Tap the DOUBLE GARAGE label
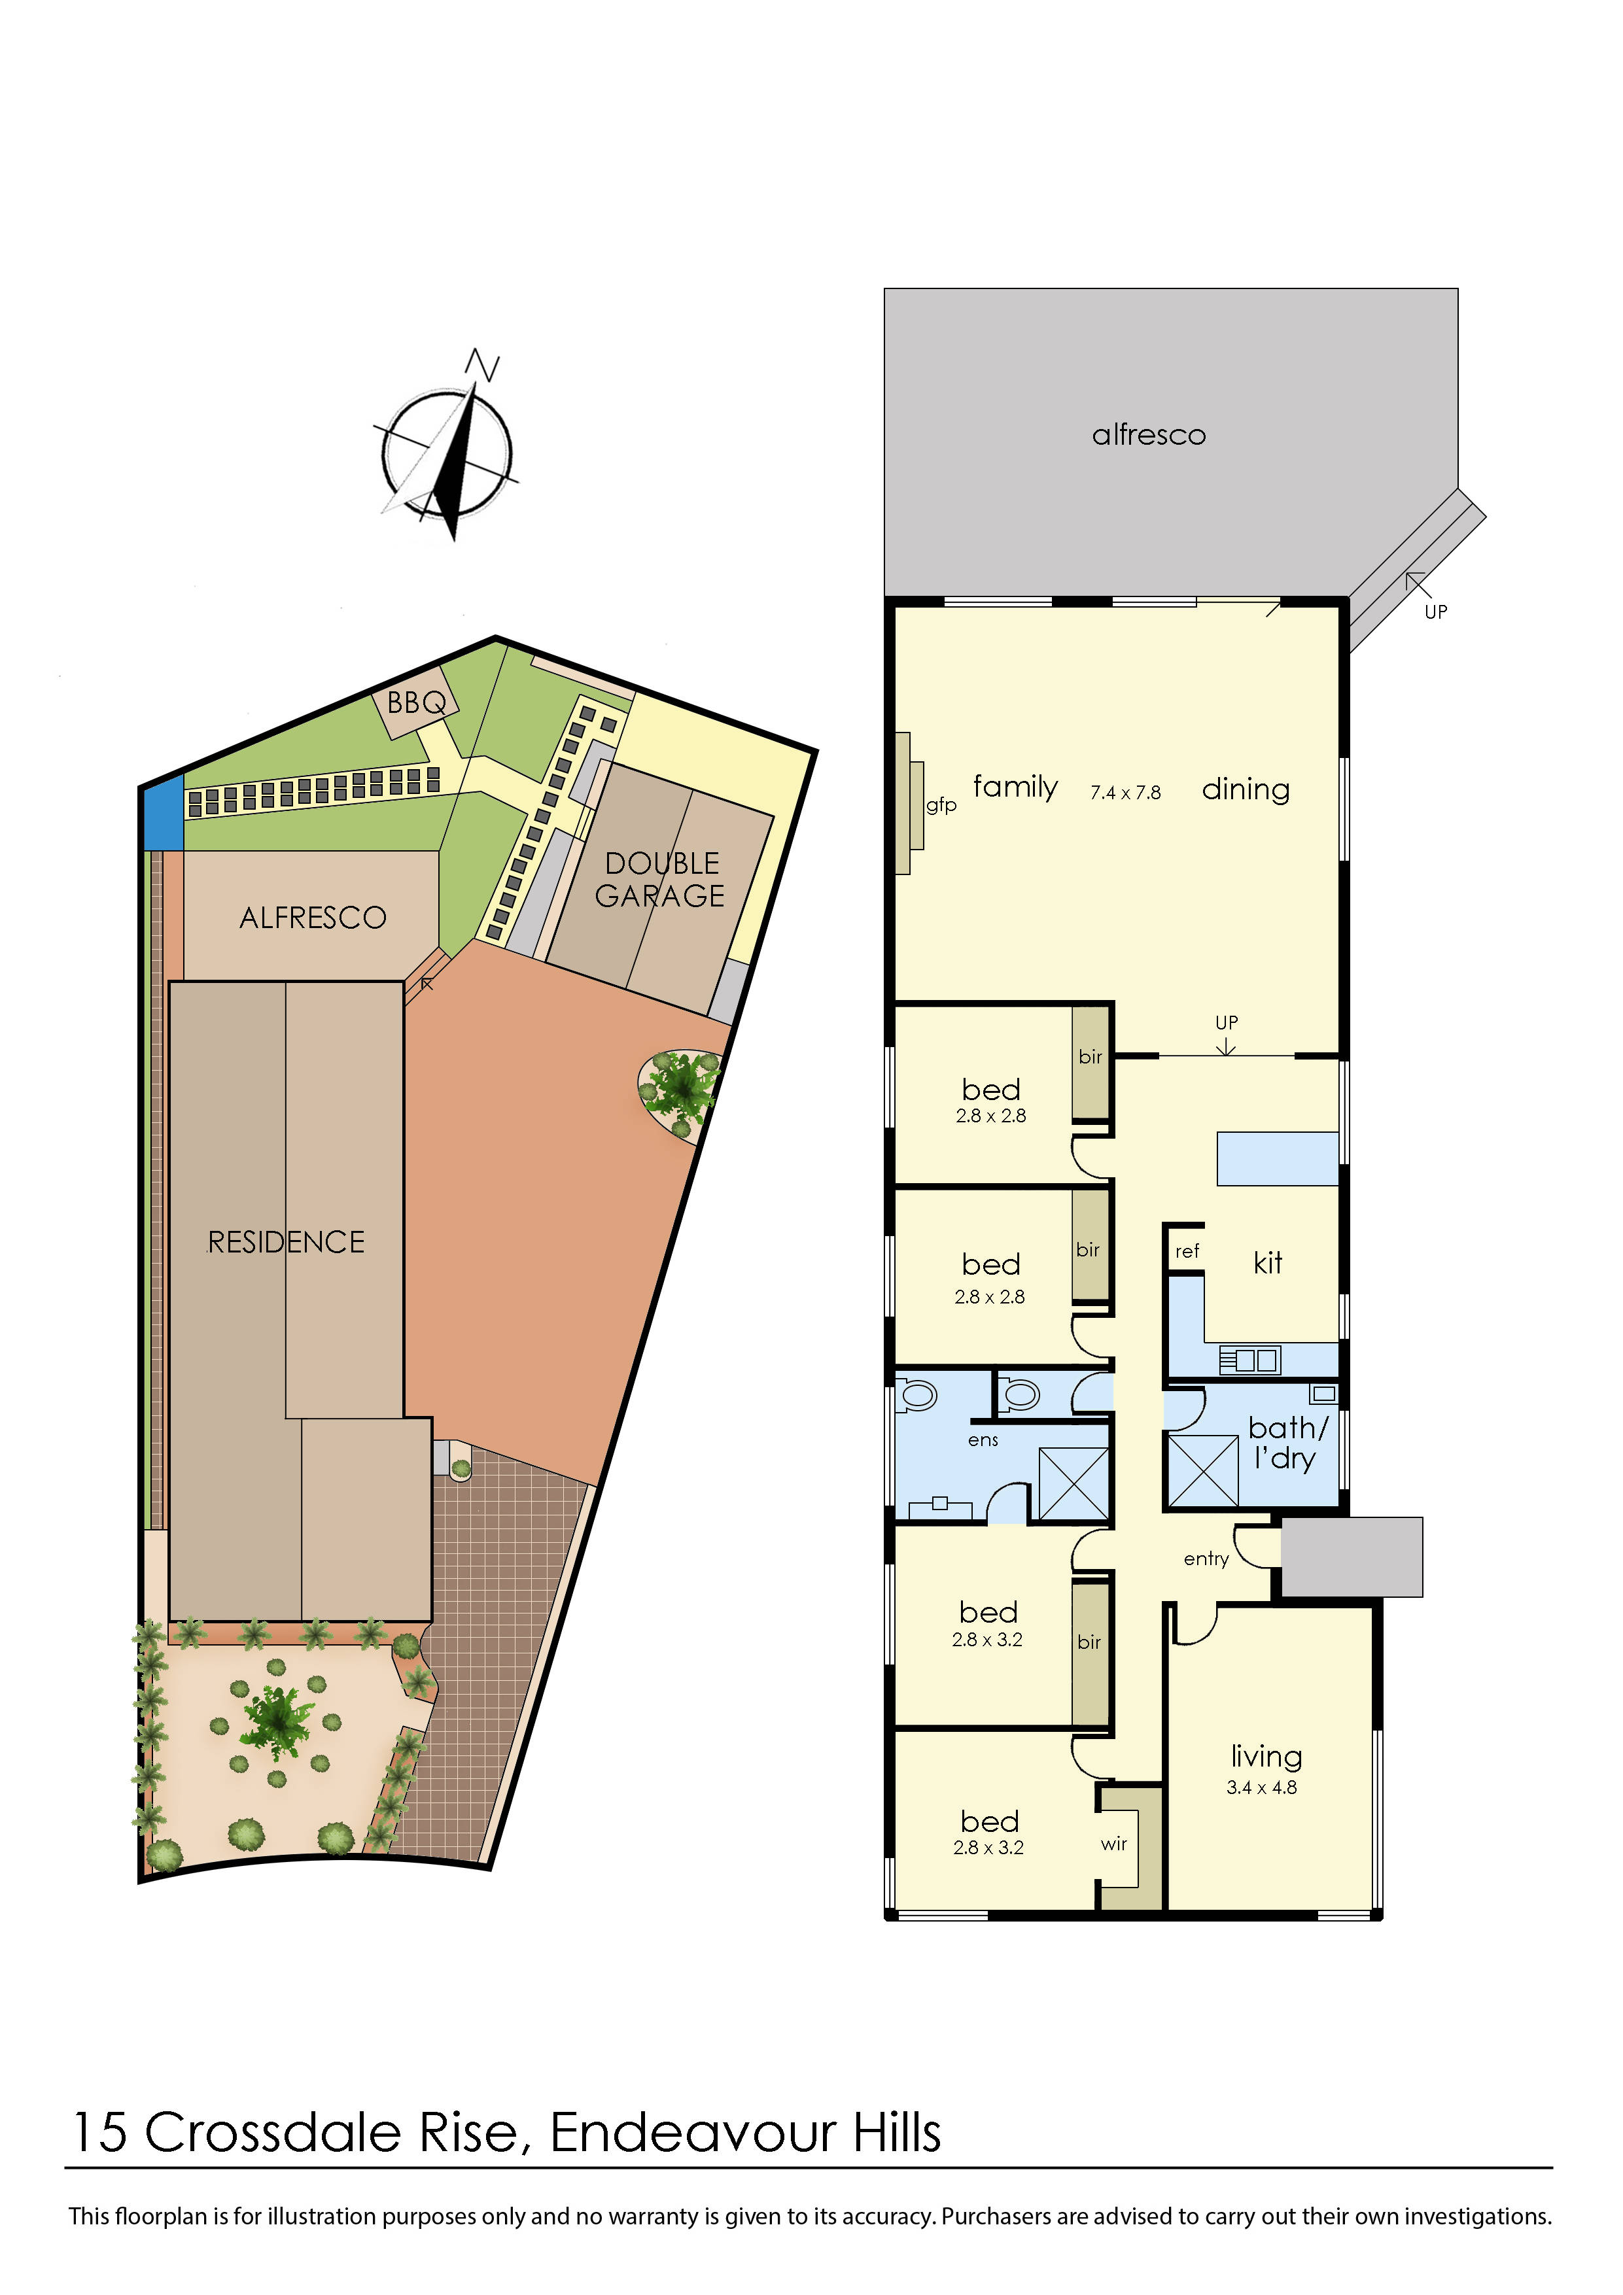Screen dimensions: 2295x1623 pyautogui.click(x=661, y=880)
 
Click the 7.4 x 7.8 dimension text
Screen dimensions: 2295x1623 pyautogui.click(x=1125, y=793)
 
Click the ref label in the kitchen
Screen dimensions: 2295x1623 pyautogui.click(x=1187, y=1251)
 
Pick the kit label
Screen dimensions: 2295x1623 pyautogui.click(x=1267, y=1264)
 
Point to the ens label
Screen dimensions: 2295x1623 pyautogui.click(x=983, y=1440)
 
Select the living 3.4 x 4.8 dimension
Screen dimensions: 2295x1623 pyautogui.click(x=1261, y=1787)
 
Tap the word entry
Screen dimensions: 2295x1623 pyautogui.click(x=1206, y=1559)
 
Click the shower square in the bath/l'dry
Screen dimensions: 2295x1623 pyautogui.click(x=1203, y=1470)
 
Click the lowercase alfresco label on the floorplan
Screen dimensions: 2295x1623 pyautogui.click(x=1149, y=435)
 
